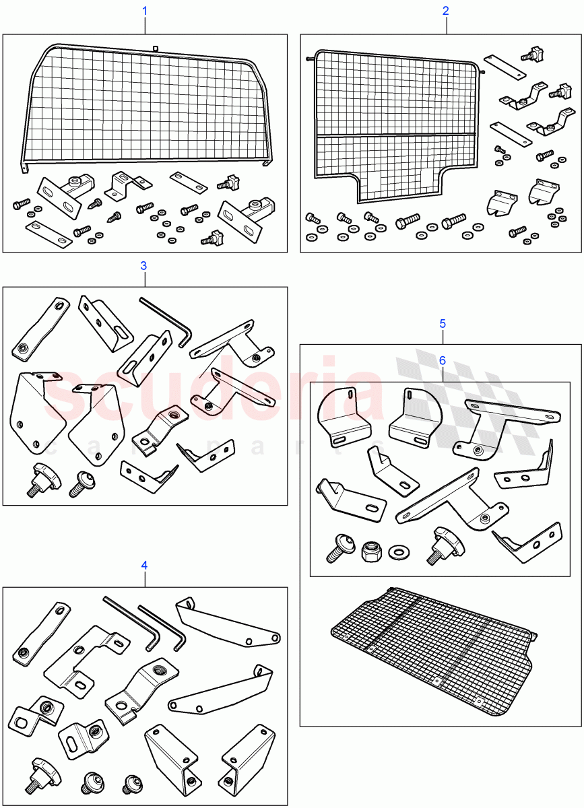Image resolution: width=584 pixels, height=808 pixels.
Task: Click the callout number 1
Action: (145, 11)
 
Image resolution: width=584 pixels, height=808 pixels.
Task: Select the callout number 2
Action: (445, 11)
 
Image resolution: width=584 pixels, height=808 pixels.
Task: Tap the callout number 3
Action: (143, 265)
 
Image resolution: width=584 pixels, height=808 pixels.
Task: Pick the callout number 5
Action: (443, 323)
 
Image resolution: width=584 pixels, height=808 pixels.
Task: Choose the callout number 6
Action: (443, 360)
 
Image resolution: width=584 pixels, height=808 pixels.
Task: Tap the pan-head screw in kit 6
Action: (337, 548)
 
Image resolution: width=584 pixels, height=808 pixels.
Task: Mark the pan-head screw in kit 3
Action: (82, 482)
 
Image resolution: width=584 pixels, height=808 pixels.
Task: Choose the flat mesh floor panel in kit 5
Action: (431, 646)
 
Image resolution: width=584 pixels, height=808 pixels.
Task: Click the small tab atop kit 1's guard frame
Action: (155, 48)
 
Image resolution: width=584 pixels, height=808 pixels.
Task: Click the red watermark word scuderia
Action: (216, 397)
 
